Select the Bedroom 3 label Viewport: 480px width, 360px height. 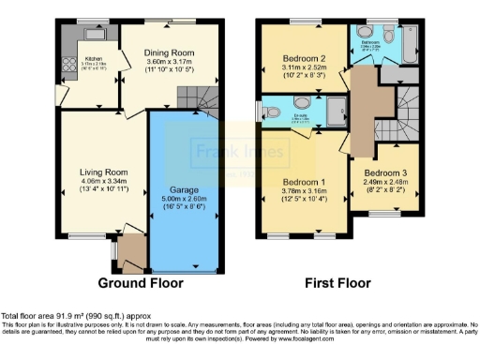pyautogui.click(x=385, y=174)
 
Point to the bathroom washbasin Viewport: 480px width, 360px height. pyautogui.click(x=366, y=29)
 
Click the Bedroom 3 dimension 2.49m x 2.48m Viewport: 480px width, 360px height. pyautogui.click(x=385, y=183)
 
